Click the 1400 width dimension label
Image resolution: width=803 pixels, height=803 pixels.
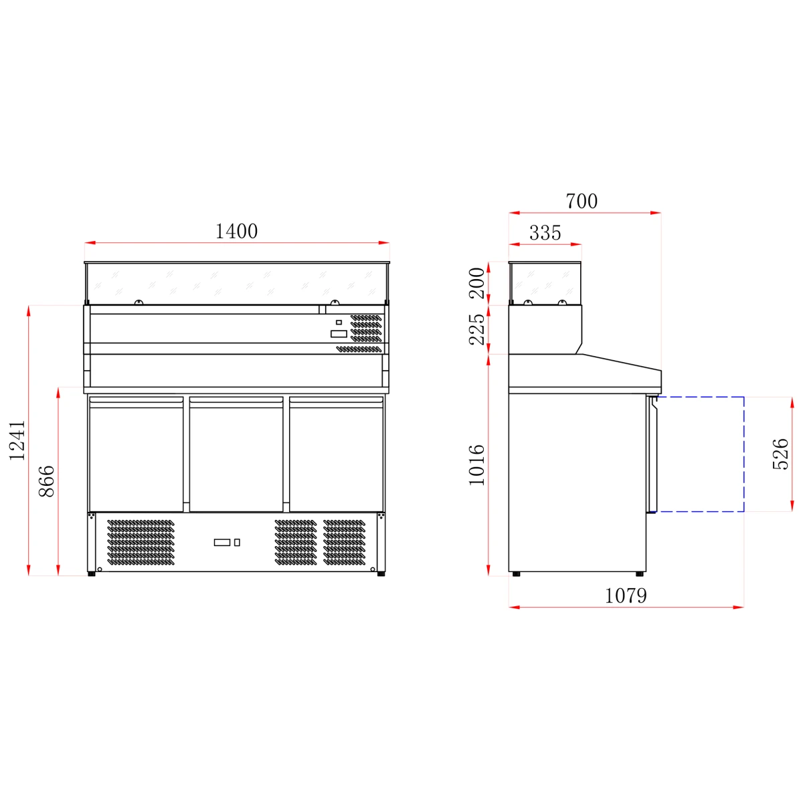point(236,231)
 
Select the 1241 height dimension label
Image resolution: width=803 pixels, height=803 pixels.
point(17,440)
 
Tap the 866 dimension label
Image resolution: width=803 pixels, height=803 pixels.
point(46,481)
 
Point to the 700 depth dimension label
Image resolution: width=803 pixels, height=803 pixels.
point(582,201)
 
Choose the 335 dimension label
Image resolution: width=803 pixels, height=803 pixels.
point(545,233)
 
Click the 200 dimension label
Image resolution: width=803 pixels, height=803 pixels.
point(476,282)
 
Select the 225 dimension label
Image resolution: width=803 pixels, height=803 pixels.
point(476,329)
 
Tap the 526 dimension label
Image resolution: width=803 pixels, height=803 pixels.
point(780,454)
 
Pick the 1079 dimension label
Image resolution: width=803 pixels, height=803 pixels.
point(626,595)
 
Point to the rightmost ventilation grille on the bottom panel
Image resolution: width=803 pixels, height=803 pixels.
point(345,541)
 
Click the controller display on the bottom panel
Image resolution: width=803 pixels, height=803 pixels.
point(222,542)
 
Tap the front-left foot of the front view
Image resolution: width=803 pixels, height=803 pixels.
point(91,573)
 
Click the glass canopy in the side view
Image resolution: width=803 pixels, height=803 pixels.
point(545,283)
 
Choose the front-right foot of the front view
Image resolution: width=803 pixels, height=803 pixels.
point(381,573)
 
